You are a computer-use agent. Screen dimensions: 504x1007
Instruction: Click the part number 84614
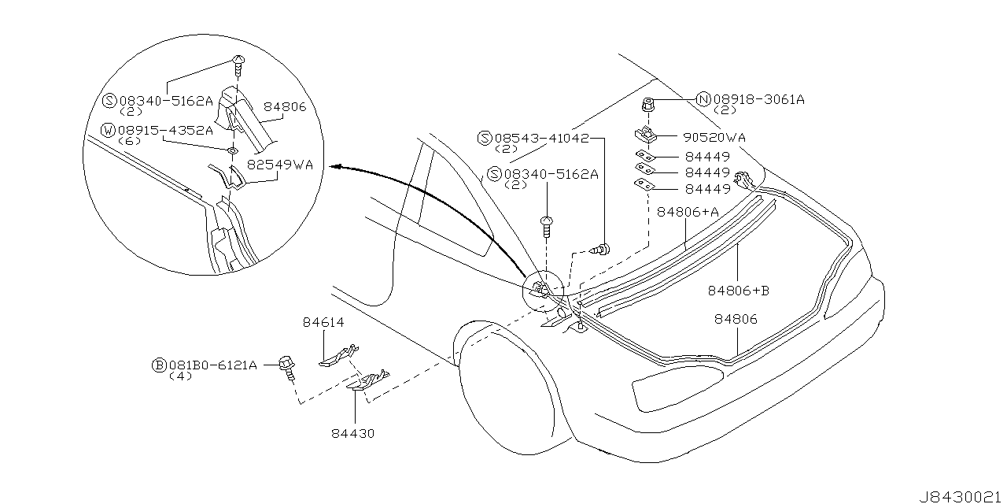pyautogui.click(x=323, y=322)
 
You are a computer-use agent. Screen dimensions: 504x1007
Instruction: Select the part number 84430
pyautogui.click(x=354, y=433)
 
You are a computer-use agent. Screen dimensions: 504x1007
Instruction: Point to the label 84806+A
pyautogui.click(x=687, y=212)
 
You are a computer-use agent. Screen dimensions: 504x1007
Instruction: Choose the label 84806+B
pyautogui.click(x=738, y=291)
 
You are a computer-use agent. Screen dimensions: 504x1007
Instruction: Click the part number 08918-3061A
pyautogui.click(x=759, y=99)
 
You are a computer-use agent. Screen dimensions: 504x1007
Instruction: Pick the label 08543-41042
pyautogui.click(x=543, y=137)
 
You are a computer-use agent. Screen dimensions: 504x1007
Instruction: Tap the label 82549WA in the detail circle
pyautogui.click(x=280, y=165)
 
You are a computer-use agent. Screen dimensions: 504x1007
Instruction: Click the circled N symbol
pyautogui.click(x=703, y=99)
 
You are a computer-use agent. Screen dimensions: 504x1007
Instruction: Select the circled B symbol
pyautogui.click(x=158, y=365)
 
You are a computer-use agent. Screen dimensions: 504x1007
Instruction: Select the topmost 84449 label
pyautogui.click(x=706, y=157)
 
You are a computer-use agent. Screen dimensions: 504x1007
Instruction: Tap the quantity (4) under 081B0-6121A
pyautogui.click(x=180, y=376)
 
